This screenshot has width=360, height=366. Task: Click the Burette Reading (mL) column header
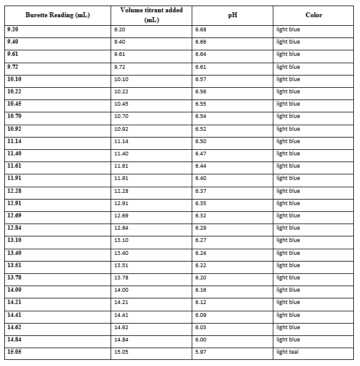[x=57, y=15]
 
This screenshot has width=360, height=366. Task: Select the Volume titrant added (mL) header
[x=151, y=15]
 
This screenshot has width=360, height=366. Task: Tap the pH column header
[x=232, y=15]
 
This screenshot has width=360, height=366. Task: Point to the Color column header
[x=313, y=15]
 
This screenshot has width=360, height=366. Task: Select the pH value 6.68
[x=200, y=29]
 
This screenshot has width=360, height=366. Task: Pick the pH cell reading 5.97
[x=200, y=352]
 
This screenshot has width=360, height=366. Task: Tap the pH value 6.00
[x=200, y=340]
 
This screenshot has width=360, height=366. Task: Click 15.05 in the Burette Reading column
[x=14, y=352]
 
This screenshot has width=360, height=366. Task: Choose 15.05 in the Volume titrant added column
[x=122, y=352]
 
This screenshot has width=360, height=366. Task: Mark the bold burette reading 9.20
[x=12, y=29]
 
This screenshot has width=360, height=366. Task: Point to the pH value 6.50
[x=200, y=141]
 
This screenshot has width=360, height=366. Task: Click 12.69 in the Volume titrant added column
[x=122, y=216]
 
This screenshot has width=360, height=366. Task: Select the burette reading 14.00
[x=14, y=290]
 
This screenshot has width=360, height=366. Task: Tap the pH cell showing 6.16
[x=200, y=290]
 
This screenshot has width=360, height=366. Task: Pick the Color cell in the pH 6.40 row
[x=288, y=178]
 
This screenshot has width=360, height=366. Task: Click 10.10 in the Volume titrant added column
[x=122, y=79]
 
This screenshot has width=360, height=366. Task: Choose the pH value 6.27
[x=200, y=240]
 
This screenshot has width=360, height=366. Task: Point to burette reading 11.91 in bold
[x=14, y=178]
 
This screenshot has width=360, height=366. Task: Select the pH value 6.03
[x=200, y=327]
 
